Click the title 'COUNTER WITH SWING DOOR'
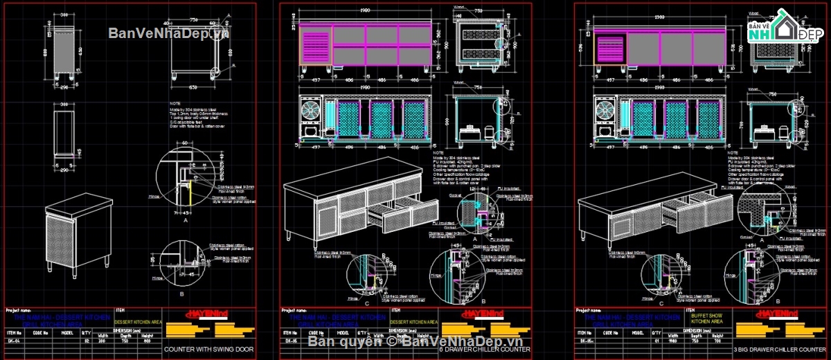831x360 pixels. coord(208,350)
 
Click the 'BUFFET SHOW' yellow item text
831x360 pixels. coord(706,315)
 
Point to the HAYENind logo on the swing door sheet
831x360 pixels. coord(207,314)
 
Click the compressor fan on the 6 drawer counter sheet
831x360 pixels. coord(310,111)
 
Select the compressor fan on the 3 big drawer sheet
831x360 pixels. coord(605,111)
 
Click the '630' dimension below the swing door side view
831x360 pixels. coord(193,87)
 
